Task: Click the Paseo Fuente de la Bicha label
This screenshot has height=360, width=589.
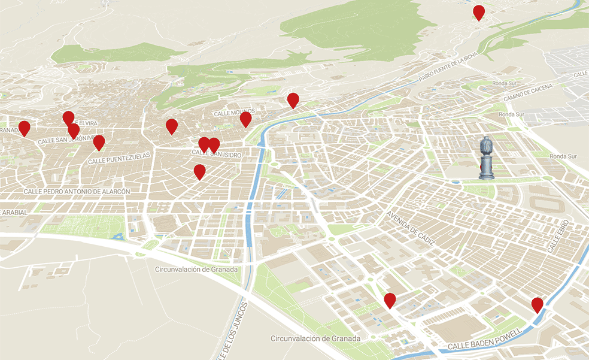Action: (448, 68)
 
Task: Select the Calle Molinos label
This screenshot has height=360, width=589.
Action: (234, 112)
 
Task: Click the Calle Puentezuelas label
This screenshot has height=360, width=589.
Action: (120, 158)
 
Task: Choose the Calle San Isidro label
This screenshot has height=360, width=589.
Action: (217, 155)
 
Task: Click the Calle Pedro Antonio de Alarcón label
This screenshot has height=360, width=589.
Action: (77, 191)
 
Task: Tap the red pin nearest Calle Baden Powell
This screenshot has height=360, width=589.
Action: (538, 304)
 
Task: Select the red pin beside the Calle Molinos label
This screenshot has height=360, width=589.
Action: (245, 119)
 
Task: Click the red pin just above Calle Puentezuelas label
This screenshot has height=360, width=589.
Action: (99, 142)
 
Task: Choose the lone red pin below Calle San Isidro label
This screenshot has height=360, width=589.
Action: (200, 172)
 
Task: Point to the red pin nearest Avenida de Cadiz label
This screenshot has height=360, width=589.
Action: (390, 300)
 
